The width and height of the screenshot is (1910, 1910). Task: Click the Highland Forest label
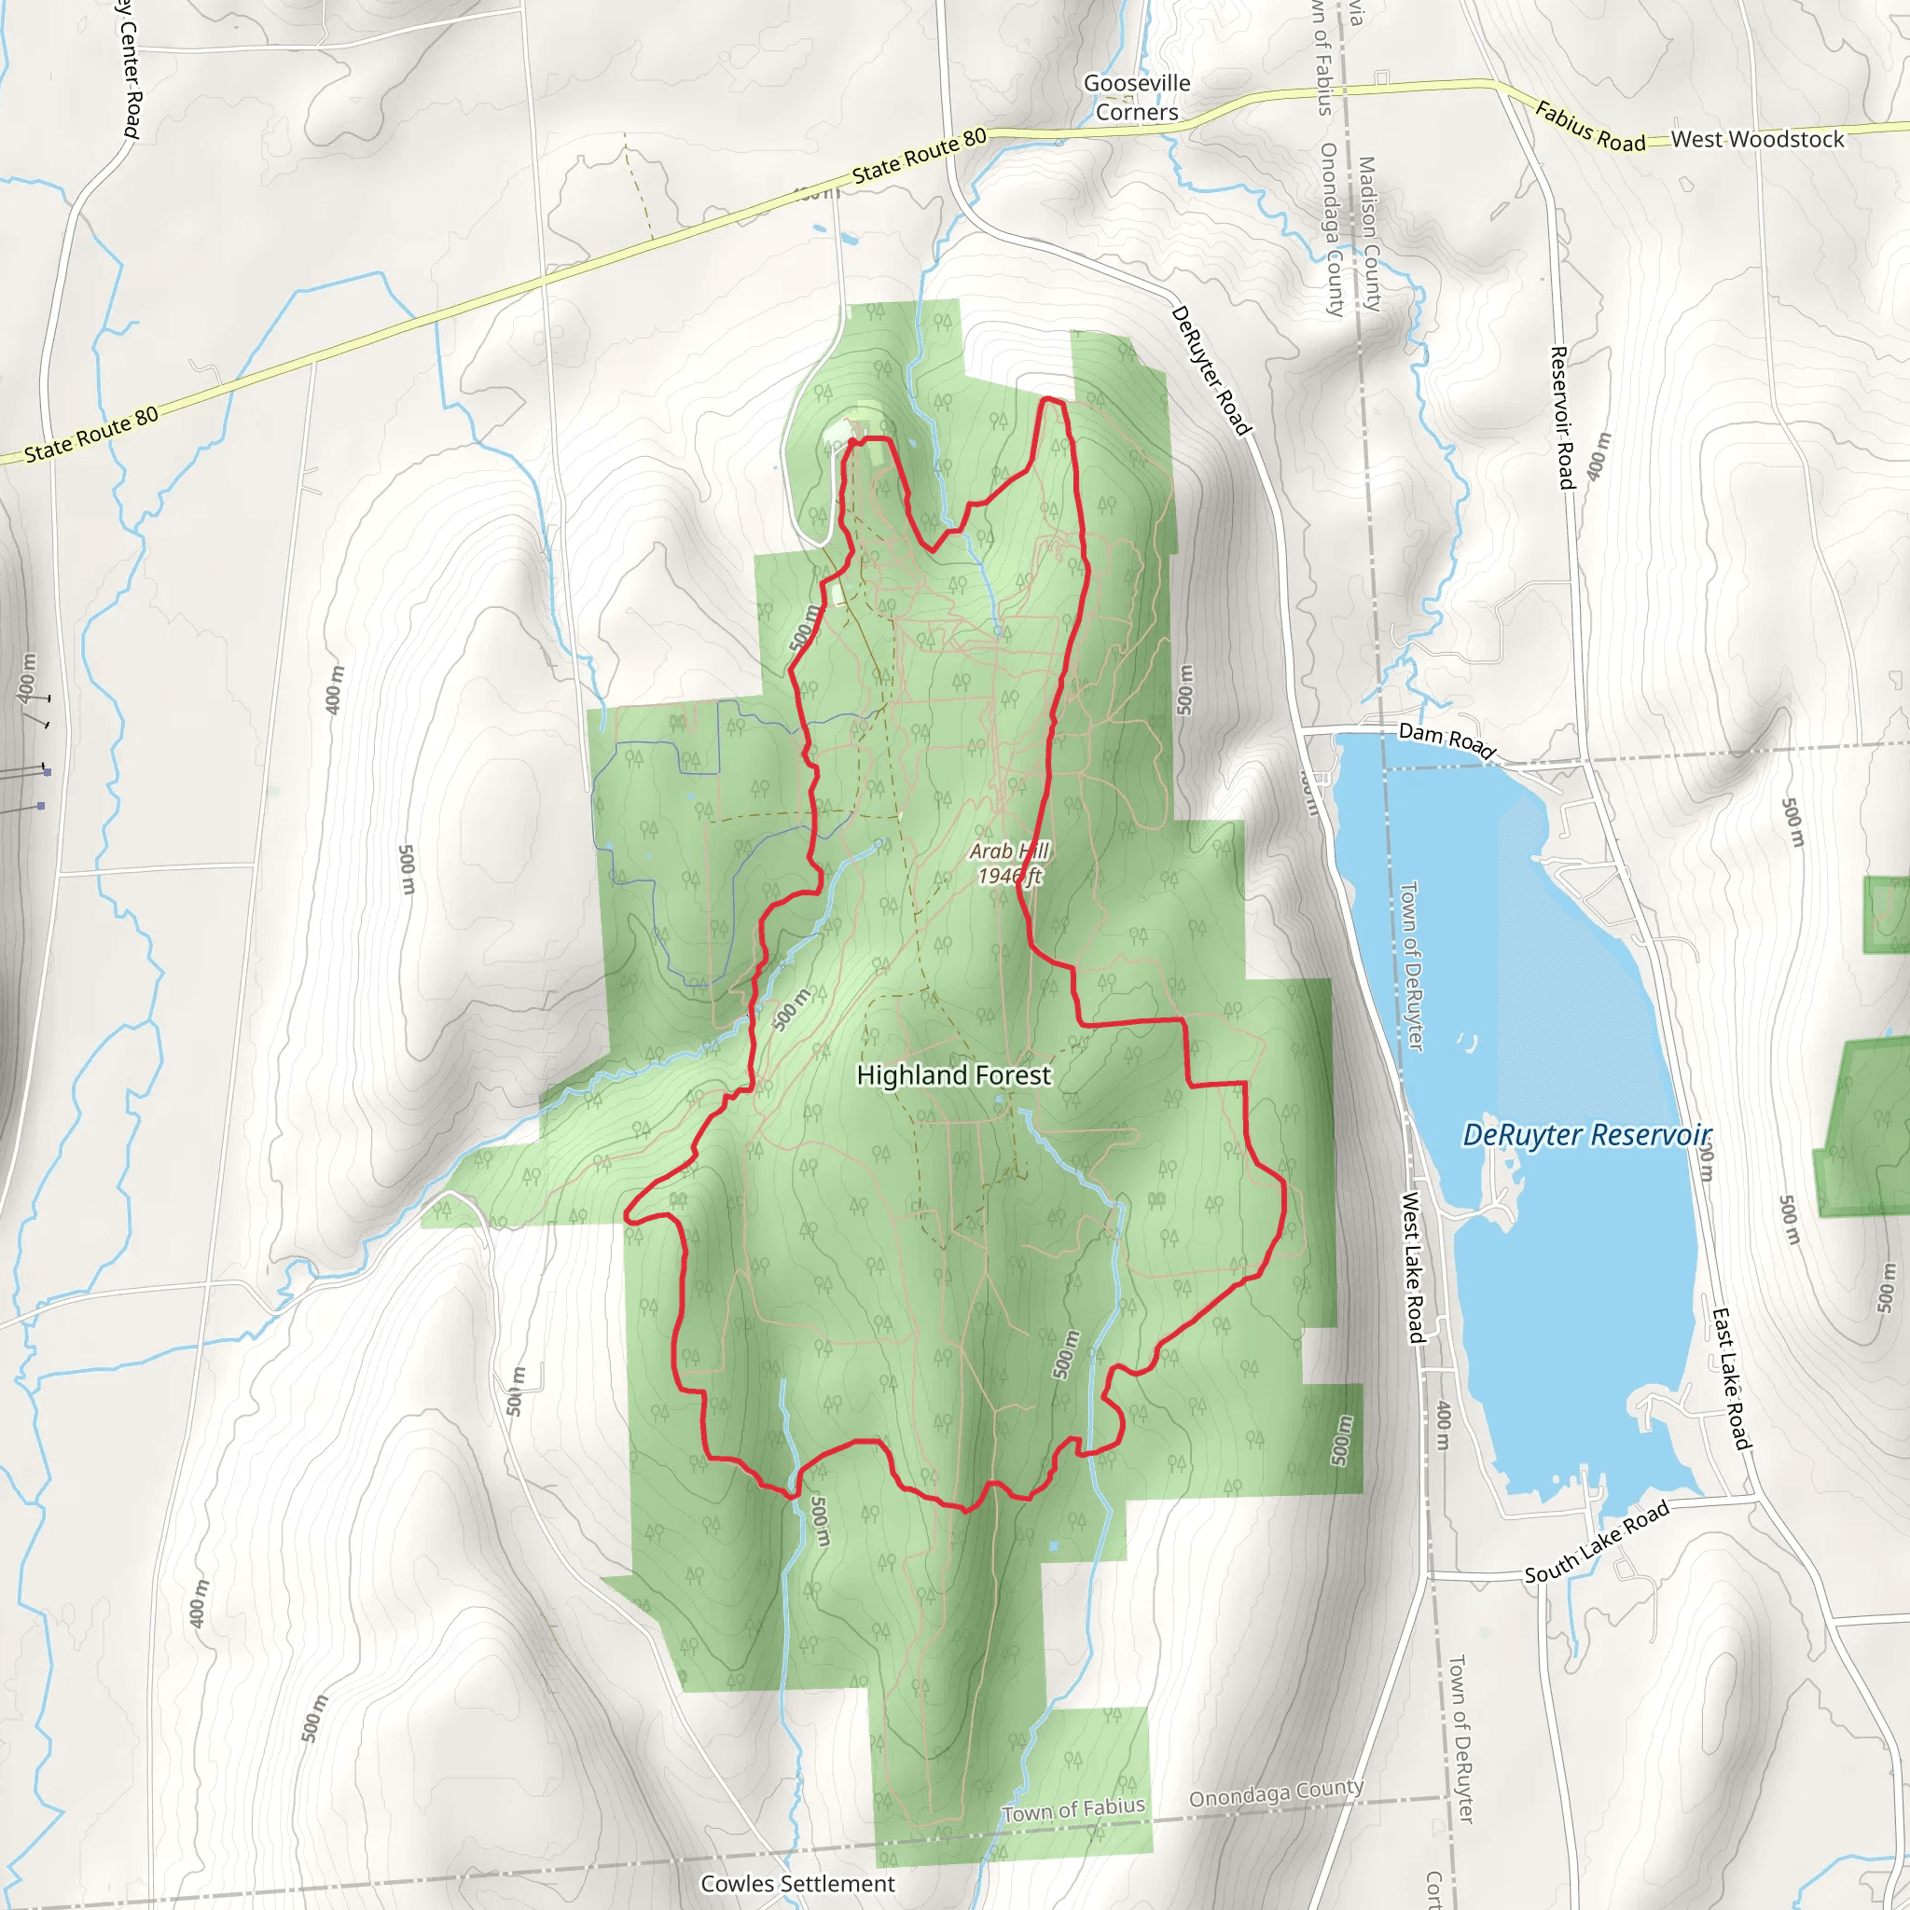tap(953, 1075)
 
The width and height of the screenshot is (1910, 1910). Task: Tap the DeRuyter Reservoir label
tap(1585, 1135)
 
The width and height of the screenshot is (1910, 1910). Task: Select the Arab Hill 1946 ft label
tap(1008, 863)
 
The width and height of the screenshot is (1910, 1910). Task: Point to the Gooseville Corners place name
tap(1137, 98)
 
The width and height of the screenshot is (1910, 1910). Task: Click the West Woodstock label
tap(1757, 139)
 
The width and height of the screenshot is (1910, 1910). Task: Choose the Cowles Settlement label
tap(796, 1883)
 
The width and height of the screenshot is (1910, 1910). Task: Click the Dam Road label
tap(1446, 739)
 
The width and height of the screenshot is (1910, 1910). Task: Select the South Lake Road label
tap(1596, 1543)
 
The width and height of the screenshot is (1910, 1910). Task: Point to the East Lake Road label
tap(1730, 1379)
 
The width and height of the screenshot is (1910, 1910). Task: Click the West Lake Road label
tap(1414, 1268)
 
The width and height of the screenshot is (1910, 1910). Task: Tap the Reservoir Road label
tap(1563, 417)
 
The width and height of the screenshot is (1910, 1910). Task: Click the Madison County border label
tap(1369, 233)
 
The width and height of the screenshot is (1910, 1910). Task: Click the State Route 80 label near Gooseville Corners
tap(919, 156)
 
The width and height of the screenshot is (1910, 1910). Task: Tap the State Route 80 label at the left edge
tap(91, 435)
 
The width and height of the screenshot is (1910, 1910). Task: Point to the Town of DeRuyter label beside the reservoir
tap(1412, 965)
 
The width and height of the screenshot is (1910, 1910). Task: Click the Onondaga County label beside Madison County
tap(1332, 229)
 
